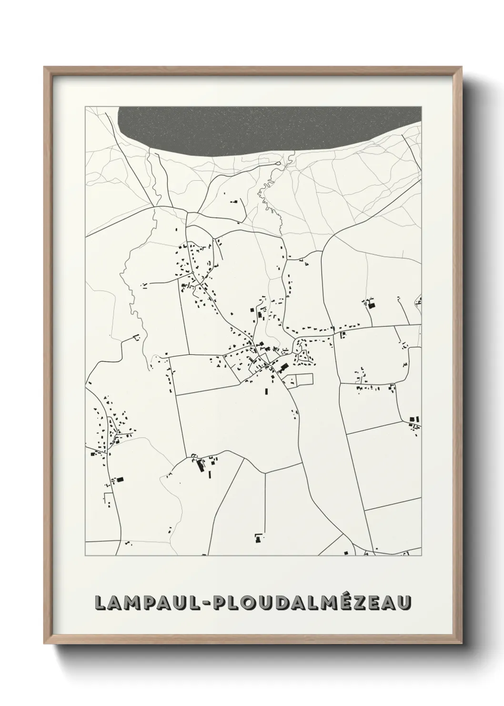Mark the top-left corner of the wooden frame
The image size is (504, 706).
46,68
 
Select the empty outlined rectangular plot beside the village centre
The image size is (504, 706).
305,379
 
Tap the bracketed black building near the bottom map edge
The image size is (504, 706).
259,537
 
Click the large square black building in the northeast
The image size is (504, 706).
373,304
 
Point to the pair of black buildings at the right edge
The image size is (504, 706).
414,419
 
